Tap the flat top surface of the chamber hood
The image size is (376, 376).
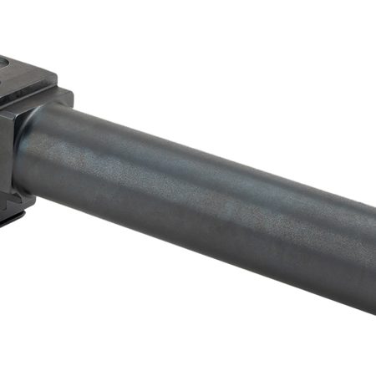click(25, 71)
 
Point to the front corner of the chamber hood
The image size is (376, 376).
click(56, 78)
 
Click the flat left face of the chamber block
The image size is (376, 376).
click(7, 150)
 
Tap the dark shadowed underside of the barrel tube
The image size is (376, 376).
click(209, 242)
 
